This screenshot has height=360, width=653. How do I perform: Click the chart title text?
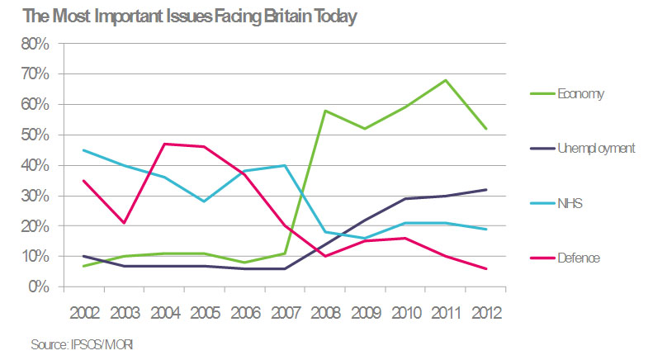(x=179, y=17)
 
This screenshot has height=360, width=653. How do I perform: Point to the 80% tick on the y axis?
(x=35, y=44)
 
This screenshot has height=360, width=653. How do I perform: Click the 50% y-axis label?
(x=35, y=135)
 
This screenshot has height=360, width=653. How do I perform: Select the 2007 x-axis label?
(x=284, y=314)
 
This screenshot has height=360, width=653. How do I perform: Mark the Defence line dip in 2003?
(x=123, y=223)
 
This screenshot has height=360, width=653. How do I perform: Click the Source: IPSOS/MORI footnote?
(x=72, y=343)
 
